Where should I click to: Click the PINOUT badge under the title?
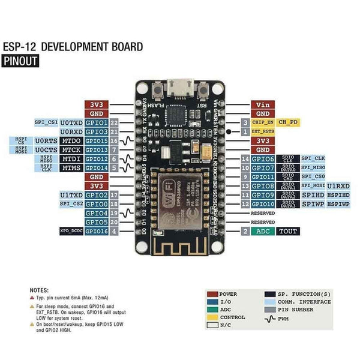(x=20, y=61)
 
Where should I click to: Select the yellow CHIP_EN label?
(x=263, y=122)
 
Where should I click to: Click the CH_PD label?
(x=287, y=122)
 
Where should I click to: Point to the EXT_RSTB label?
(x=263, y=131)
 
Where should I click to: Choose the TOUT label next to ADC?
(x=287, y=231)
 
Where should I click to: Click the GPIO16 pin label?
(x=96, y=231)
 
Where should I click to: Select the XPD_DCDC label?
(x=71, y=231)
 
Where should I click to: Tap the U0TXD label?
(x=71, y=122)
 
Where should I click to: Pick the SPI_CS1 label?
(x=46, y=122)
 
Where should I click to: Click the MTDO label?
(x=71, y=140)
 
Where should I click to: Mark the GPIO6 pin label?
(x=263, y=159)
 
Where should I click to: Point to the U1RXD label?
(x=338, y=186)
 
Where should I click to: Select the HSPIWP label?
(x=338, y=204)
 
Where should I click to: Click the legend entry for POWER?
(x=227, y=295)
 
